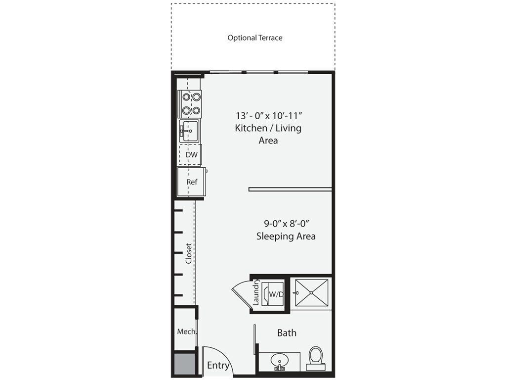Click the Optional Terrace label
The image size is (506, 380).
point(255,38)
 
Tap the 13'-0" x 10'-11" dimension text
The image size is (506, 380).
point(268,116)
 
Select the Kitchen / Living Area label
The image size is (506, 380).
point(268,134)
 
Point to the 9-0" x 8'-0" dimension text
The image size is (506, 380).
point(286,223)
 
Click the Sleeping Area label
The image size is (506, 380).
point(286,236)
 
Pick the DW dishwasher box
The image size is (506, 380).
point(191,155)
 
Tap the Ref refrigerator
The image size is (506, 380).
point(192,182)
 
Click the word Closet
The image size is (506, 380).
point(188,253)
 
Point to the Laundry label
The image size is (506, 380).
point(256,292)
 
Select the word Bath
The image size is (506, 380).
point(287,332)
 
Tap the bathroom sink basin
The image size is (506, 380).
point(279,360)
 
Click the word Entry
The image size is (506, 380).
point(218,366)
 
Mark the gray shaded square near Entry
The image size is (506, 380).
point(184,365)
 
